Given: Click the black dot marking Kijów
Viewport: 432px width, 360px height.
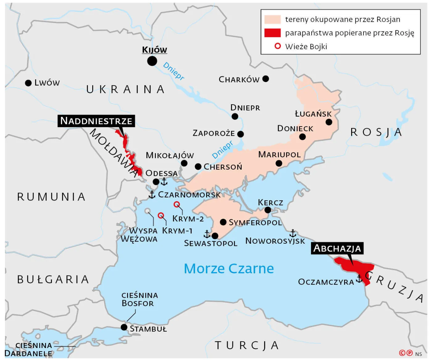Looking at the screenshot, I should coord(152,61).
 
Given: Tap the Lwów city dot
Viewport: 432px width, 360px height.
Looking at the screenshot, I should coord(28,83).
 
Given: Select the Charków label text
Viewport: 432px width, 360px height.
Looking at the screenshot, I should coord(239,80).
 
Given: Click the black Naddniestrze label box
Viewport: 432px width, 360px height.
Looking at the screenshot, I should coord(96,121).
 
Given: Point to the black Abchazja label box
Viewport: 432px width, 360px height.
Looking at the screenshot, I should coord(337,248).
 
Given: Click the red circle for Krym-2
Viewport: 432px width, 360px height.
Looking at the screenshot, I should coord(177,204).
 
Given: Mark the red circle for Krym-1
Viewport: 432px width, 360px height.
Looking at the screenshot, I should coord(161,215).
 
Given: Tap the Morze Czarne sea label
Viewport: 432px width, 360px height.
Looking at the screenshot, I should coord(229,268).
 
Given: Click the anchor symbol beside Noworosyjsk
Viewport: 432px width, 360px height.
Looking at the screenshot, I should coord(293,233).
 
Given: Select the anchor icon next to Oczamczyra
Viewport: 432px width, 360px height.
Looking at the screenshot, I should coord(359,279).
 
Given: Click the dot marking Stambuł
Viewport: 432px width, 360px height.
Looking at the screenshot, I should coord(124,327).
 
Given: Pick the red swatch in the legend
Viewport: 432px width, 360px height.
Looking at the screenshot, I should coord(272,33).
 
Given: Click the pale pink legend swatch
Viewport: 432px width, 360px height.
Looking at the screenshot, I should coord(272,19).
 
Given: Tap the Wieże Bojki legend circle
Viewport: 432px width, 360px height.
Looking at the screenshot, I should coord(278,46).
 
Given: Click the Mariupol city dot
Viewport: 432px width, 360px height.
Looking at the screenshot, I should coord(279,163).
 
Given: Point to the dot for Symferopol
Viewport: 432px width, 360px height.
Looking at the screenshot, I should coord(223,222).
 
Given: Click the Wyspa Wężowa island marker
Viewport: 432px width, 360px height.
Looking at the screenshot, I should coord(147,211).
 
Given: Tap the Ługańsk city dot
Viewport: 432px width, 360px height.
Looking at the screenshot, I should coord(329,122).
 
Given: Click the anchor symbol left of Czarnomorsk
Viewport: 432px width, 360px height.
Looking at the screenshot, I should coord(152,194).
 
